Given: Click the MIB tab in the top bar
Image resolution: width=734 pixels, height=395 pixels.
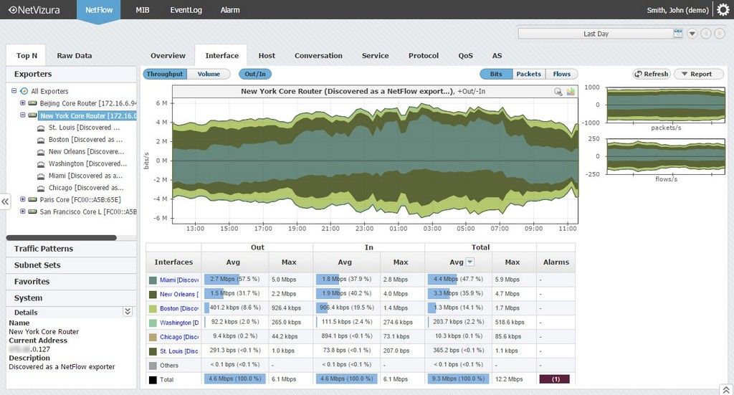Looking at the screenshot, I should click(142, 11).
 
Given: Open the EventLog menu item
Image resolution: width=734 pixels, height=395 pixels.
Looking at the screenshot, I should click(185, 11).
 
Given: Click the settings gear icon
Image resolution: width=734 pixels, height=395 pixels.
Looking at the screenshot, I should click(723, 10).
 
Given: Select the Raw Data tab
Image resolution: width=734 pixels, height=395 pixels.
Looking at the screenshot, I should click(74, 56).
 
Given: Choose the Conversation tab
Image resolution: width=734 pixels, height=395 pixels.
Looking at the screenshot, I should click(318, 56).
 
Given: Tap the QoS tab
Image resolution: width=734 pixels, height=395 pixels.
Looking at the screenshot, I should click(465, 56).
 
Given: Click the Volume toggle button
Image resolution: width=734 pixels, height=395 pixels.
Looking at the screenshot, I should click(209, 74).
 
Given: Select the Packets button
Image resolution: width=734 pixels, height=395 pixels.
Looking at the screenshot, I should click(528, 74).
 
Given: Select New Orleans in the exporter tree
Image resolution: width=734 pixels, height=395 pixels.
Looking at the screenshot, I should click(78, 152).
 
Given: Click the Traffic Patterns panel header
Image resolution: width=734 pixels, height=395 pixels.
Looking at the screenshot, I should click(44, 249).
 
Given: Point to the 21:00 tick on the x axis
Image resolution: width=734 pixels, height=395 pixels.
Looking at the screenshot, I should click(330, 229).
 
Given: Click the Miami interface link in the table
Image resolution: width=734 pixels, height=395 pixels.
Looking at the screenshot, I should click(178, 280).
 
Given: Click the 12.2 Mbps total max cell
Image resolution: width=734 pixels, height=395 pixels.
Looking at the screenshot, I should click(513, 379).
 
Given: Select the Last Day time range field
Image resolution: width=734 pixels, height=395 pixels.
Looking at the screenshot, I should click(596, 34).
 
